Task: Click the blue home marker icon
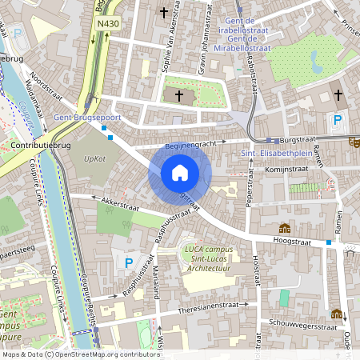179,173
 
